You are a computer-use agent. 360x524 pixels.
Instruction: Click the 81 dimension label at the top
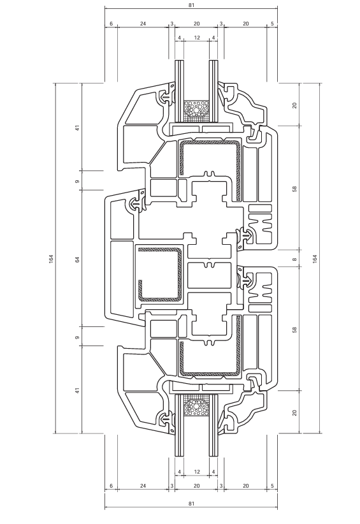click(191, 5)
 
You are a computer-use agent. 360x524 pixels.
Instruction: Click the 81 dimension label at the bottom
click(191, 504)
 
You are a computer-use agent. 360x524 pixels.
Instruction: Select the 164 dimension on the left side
click(51, 259)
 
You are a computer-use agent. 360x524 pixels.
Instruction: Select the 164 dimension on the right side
click(315, 259)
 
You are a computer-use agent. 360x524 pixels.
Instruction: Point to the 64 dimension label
click(78, 259)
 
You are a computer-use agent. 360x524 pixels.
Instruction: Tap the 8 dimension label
click(294, 259)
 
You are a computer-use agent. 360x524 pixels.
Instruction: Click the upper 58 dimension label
click(294, 189)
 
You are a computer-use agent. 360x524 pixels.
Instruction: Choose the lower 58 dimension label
click(294, 330)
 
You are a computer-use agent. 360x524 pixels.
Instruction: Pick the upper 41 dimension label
click(78, 127)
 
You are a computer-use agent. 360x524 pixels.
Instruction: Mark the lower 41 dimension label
click(78, 390)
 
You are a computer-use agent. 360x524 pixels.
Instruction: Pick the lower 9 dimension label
click(78, 338)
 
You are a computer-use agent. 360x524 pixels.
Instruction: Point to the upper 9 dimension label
click(78, 182)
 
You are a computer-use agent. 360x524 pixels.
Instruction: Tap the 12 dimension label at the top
click(197, 38)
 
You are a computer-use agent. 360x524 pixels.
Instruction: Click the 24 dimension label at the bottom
click(143, 486)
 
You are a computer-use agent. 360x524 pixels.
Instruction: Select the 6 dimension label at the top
click(112, 24)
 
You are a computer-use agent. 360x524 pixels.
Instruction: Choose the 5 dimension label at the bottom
click(272, 486)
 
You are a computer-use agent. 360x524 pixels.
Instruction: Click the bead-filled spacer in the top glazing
click(197, 111)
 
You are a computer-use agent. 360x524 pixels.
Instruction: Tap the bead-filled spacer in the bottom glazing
click(197, 405)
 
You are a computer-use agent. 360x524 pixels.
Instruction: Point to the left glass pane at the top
click(180, 91)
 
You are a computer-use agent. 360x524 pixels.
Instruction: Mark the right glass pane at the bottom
click(213, 425)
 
